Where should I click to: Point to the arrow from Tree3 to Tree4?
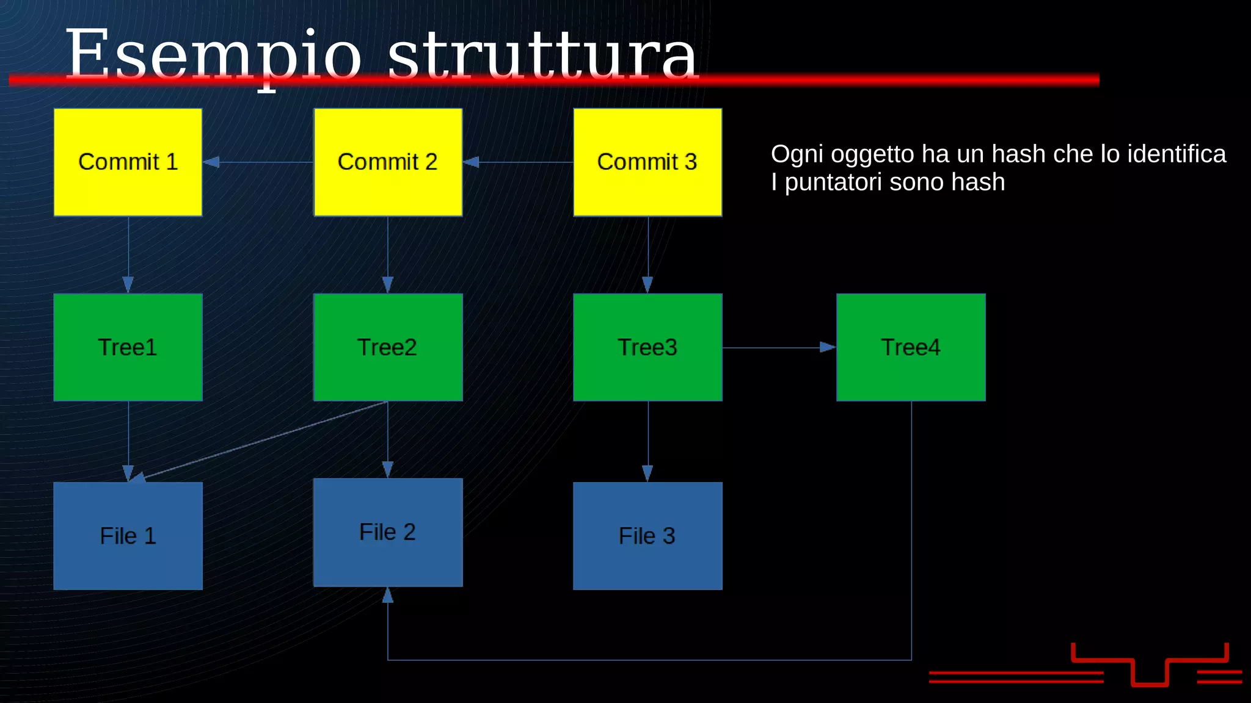(x=779, y=348)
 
